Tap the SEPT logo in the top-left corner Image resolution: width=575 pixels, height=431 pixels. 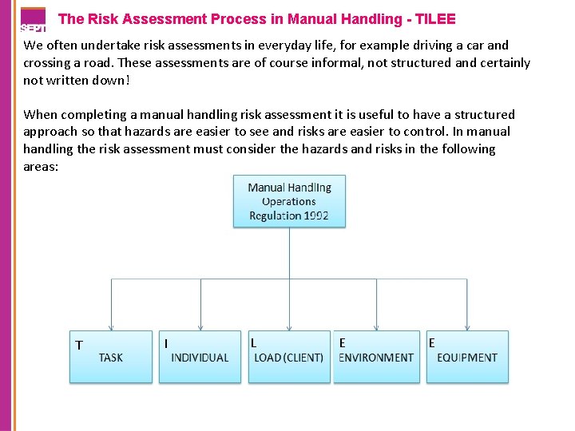32,19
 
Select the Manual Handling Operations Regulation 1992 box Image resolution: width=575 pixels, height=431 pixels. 289,201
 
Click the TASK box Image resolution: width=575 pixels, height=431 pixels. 111,357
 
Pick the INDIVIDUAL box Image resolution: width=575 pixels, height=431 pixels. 200,357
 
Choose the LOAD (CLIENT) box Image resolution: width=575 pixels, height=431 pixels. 288,357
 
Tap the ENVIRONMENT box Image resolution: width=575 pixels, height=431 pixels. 376,357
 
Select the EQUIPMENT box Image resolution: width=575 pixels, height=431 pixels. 467,357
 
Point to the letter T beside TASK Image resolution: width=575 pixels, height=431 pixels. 78,345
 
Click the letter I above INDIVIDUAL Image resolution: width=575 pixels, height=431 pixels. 165,343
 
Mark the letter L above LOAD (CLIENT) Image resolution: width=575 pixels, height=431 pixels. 254,342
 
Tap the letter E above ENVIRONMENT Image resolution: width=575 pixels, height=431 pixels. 342,342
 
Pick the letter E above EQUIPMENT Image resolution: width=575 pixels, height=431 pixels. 431,342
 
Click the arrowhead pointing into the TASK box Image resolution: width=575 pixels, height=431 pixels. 111,327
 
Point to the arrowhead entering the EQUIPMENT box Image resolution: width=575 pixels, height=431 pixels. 467,327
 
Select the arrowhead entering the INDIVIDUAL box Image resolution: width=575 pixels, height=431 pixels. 200,327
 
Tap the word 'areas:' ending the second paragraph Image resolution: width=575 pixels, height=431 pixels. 42,166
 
